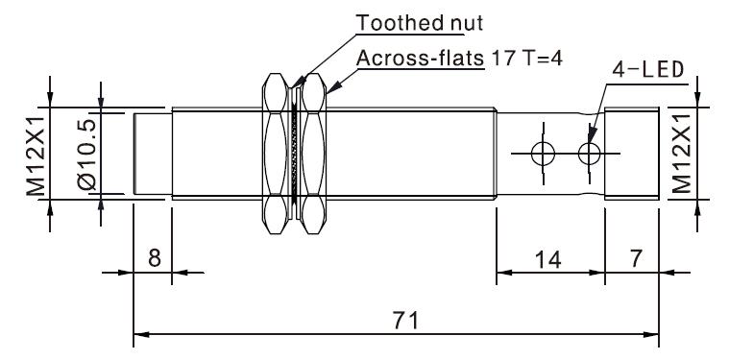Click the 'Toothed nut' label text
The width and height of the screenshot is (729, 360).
pyautogui.click(x=420, y=22)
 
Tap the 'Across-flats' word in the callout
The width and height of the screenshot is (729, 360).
pyautogui.click(x=421, y=59)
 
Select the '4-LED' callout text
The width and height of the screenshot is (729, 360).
pyautogui.click(x=647, y=70)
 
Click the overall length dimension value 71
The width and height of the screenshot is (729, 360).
pyautogui.click(x=405, y=321)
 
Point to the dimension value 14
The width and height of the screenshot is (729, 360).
pyautogui.click(x=547, y=259)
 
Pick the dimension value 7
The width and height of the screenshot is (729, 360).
pyautogui.click(x=636, y=257)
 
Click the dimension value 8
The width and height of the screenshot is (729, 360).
pyautogui.click(x=155, y=257)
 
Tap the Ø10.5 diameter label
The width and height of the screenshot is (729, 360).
pyautogui.click(x=87, y=155)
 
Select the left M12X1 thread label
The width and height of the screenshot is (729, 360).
pyautogui.click(x=36, y=156)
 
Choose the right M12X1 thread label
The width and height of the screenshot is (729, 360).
pyautogui.click(x=682, y=154)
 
